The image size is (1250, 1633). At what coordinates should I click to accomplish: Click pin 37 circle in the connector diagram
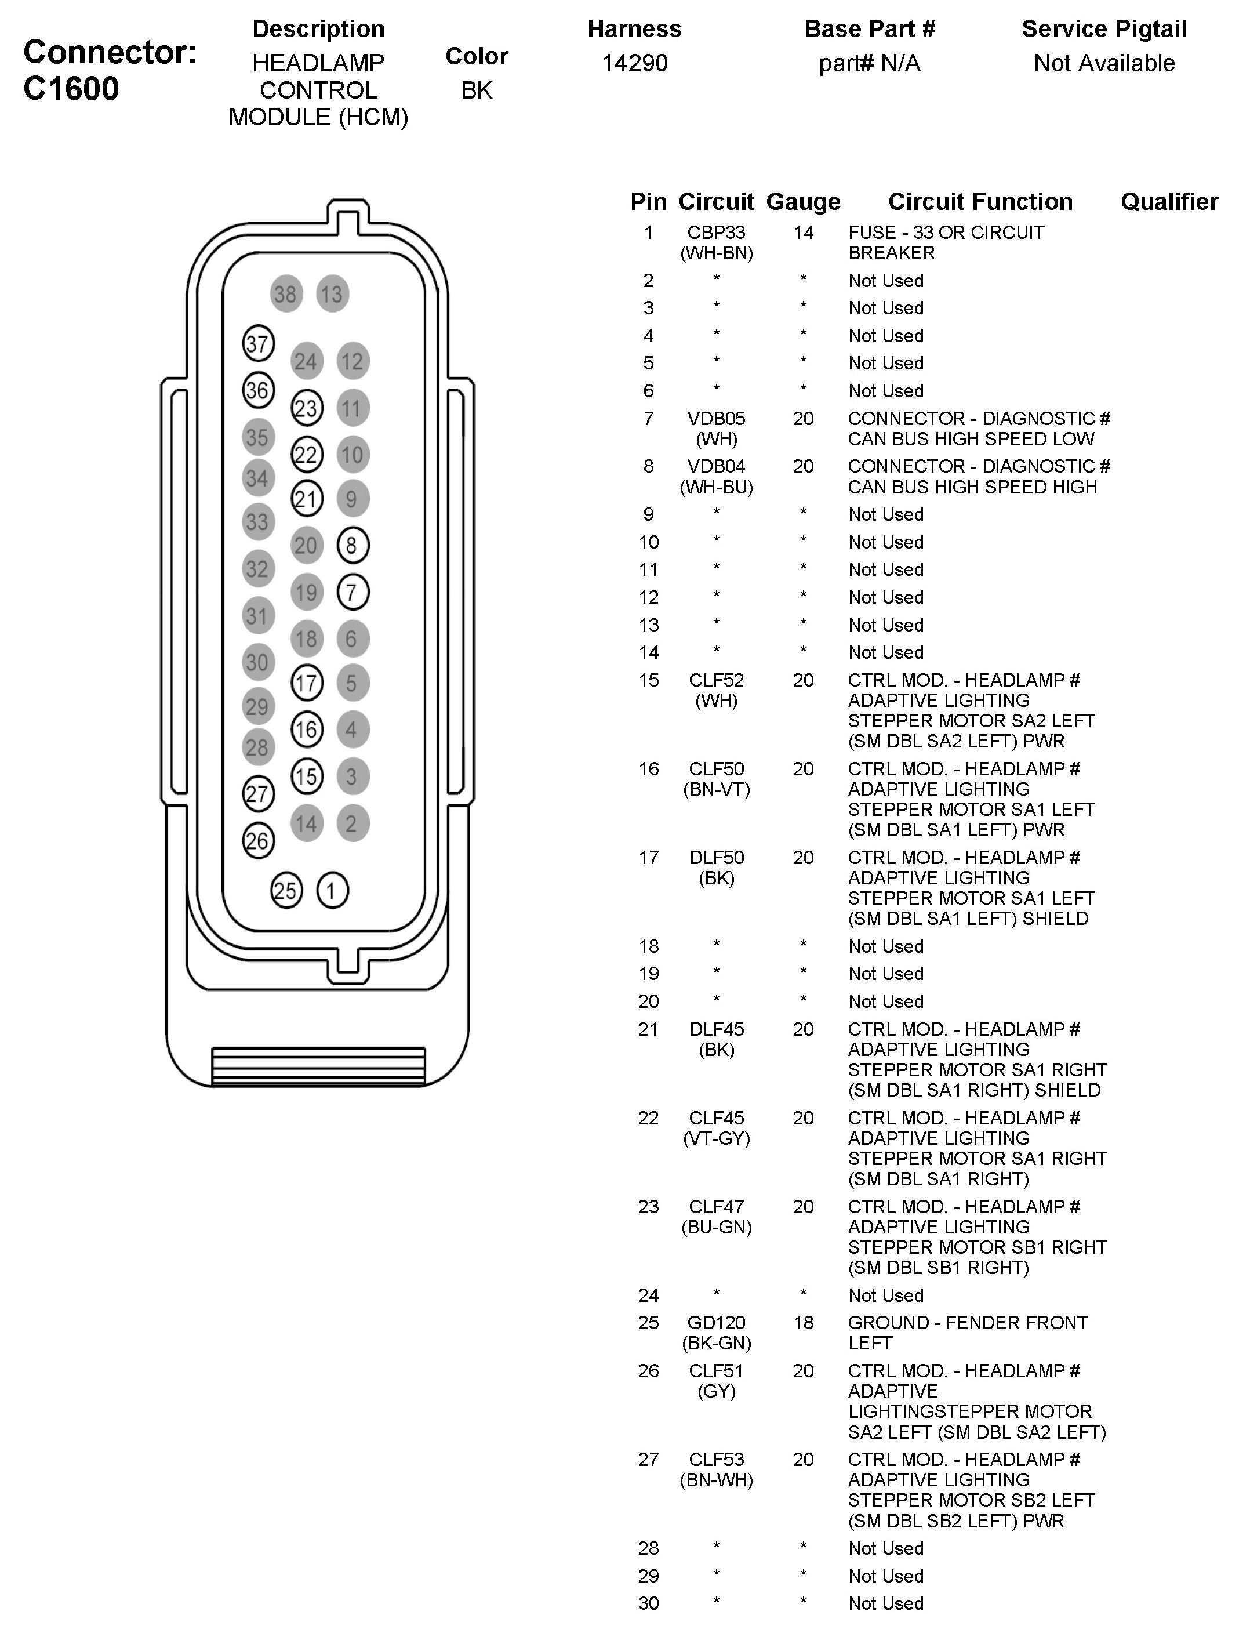(258, 344)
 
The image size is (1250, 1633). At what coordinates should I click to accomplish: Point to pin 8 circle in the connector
(352, 546)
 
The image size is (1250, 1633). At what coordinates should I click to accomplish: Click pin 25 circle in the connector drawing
(286, 890)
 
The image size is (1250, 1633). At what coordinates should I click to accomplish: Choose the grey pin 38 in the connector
(286, 294)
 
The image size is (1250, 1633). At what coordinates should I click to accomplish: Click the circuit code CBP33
(716, 233)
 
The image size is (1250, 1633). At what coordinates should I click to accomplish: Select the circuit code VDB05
(716, 419)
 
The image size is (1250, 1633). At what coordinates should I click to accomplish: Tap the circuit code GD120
(716, 1323)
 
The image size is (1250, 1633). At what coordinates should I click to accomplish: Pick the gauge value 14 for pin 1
(803, 233)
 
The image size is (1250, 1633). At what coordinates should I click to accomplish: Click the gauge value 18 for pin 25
(803, 1323)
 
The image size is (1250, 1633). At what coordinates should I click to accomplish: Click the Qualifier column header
(1169, 202)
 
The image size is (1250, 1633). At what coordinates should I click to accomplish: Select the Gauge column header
(803, 202)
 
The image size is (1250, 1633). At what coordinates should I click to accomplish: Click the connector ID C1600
(71, 89)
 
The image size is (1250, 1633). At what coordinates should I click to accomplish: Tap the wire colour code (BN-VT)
(716, 790)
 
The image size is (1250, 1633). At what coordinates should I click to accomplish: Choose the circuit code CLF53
(716, 1460)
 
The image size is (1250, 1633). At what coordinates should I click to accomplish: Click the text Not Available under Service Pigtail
(1104, 63)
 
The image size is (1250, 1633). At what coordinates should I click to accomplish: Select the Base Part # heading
(869, 29)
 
